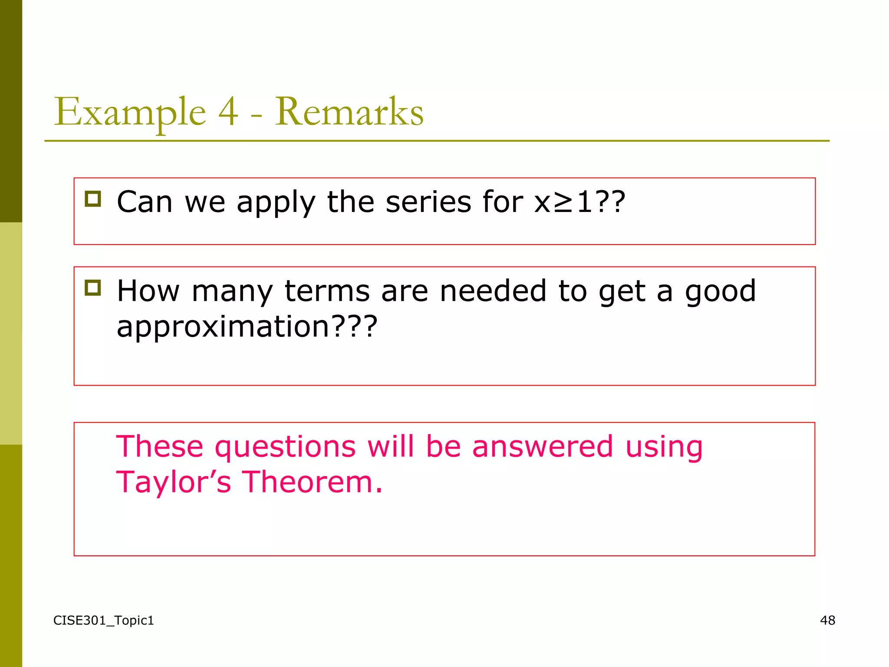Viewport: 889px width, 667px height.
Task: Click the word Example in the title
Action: click(129, 112)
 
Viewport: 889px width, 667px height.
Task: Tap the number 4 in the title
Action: click(228, 112)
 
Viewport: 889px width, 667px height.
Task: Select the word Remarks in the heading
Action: click(349, 112)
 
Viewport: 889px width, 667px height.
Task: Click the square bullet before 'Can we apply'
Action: click(93, 199)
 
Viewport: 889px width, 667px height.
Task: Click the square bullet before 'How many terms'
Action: click(93, 288)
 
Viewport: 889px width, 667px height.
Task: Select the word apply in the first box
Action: click(276, 203)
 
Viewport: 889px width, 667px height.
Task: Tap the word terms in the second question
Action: click(327, 291)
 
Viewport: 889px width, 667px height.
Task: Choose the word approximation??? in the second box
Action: click(247, 327)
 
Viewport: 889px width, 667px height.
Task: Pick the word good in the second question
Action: click(720, 292)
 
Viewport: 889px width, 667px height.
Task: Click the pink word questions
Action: click(285, 447)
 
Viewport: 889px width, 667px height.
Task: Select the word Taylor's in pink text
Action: click(174, 482)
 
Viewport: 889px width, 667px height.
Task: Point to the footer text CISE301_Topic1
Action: click(104, 621)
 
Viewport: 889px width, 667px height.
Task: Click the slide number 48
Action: click(827, 621)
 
